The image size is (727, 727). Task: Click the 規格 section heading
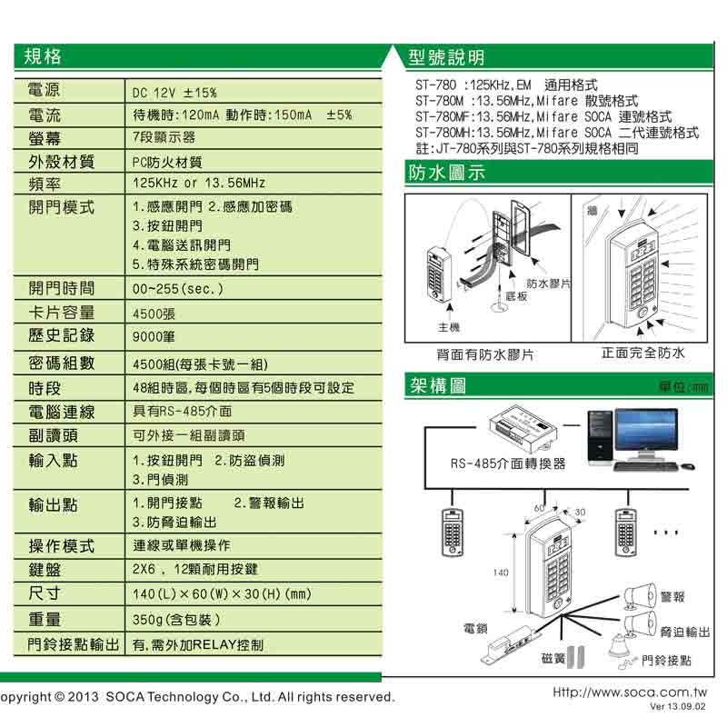[x=43, y=56]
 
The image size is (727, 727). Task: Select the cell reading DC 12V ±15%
[x=174, y=93]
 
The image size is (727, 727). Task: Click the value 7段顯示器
[x=164, y=138]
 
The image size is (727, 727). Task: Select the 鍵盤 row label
[x=45, y=570]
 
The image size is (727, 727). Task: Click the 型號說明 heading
[x=447, y=58]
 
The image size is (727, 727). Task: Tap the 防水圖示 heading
[x=447, y=173]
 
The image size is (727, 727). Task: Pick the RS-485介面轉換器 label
[x=508, y=463]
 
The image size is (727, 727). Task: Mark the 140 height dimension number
[x=501, y=573]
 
